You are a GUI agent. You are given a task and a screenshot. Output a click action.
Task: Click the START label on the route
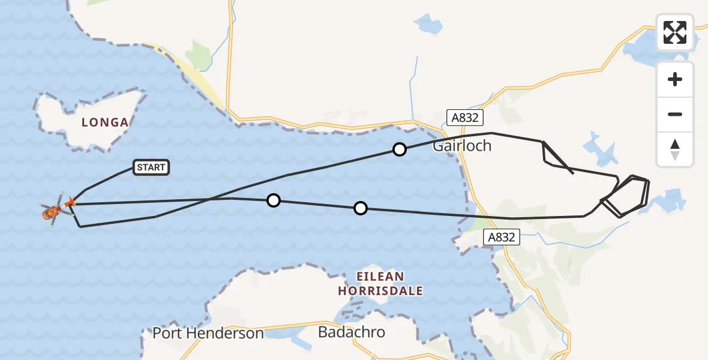(x=151, y=167)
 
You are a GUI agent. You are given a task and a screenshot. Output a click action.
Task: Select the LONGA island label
(x=105, y=122)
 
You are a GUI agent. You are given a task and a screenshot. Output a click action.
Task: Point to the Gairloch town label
(x=462, y=146)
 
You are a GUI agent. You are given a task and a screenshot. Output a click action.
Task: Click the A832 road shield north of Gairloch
(x=464, y=118)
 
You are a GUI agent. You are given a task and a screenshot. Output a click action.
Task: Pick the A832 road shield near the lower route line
(x=501, y=237)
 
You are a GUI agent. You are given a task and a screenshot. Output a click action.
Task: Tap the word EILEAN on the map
(x=379, y=277)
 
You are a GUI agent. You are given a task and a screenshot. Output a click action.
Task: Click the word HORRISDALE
(x=380, y=291)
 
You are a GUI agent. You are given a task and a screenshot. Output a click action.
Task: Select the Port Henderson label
(x=208, y=333)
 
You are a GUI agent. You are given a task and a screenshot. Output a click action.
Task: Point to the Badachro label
(x=352, y=332)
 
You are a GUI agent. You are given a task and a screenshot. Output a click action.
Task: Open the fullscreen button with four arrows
(x=675, y=32)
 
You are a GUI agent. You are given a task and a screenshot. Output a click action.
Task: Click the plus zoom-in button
(x=675, y=79)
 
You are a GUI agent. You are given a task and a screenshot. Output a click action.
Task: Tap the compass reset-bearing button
(x=675, y=149)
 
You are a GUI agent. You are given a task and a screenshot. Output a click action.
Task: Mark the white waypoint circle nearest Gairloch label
(x=400, y=149)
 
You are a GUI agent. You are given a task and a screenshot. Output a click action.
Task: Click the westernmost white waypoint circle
(x=274, y=200)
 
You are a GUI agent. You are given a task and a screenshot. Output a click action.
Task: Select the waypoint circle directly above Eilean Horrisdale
(x=360, y=208)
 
